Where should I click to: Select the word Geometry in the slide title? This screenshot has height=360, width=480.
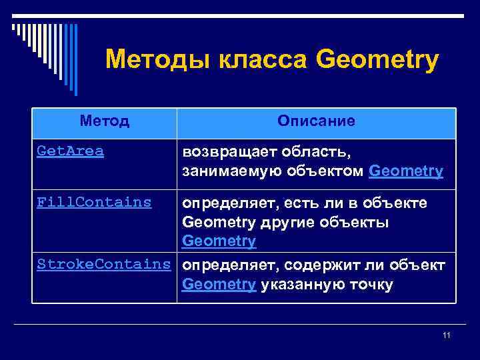click(377, 61)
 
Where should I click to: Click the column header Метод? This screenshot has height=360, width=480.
click(104, 121)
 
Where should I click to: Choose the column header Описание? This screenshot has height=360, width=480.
click(317, 121)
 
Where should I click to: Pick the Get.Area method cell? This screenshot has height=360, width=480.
click(71, 151)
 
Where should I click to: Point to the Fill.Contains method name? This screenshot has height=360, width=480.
click(94, 202)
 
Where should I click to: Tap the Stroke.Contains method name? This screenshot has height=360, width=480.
click(104, 265)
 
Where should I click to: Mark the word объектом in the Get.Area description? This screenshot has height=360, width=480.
click(323, 171)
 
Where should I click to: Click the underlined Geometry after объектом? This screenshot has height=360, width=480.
click(405, 171)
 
